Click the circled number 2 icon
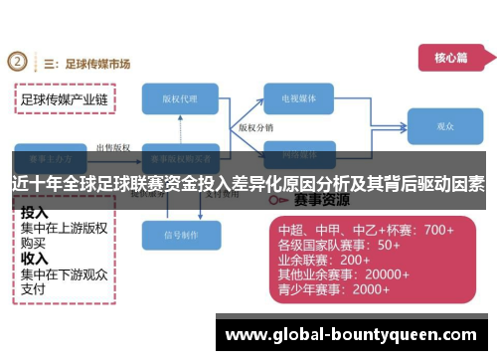18,63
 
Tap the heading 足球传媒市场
97,64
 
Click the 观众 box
445,127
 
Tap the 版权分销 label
255,128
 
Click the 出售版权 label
111,147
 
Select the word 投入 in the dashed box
35,213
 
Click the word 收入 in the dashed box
35,258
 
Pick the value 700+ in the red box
436,230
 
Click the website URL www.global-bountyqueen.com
353,335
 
